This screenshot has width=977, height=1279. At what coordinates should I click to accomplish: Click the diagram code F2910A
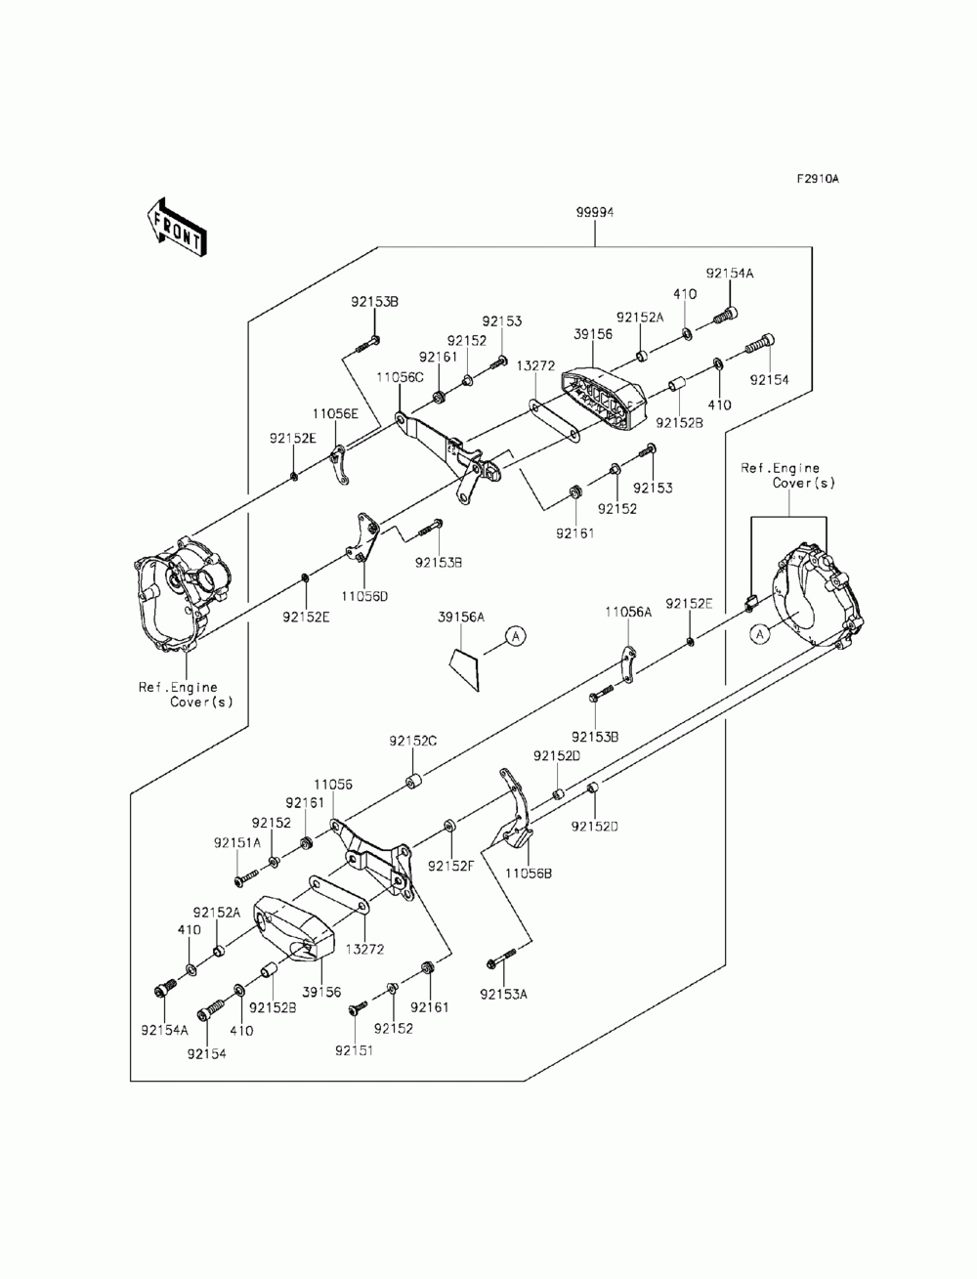pos(818,179)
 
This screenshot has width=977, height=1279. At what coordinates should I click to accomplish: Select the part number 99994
pos(595,213)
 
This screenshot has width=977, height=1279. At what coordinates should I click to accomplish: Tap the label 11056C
pos(400,377)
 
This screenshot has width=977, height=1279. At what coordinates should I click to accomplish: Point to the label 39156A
pos(461,618)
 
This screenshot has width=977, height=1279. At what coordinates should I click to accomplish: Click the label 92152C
pos(413,742)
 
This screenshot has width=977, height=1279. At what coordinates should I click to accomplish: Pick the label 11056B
pos(529,890)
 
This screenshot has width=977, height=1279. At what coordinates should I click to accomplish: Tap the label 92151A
pos(237,842)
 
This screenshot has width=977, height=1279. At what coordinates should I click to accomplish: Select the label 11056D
pos(364,597)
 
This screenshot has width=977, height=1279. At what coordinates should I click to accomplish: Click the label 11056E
pos(335,413)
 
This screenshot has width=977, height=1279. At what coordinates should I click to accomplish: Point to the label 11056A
pos(628,612)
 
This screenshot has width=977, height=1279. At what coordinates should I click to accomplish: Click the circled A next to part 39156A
pos(516,636)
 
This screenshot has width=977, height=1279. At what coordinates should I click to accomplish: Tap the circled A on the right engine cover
pos(760,634)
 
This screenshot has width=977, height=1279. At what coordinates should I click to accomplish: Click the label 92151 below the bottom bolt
pos(355,1050)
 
